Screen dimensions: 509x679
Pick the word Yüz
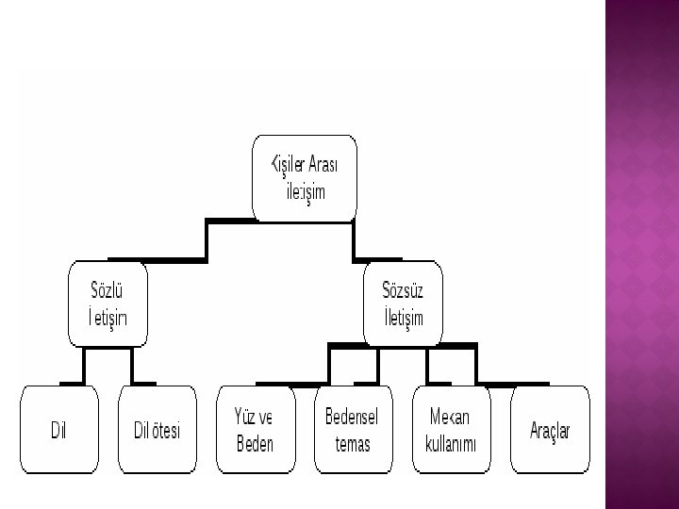pos(246,418)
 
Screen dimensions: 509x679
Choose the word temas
pos(352,443)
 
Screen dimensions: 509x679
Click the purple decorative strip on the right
pos(640,254)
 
